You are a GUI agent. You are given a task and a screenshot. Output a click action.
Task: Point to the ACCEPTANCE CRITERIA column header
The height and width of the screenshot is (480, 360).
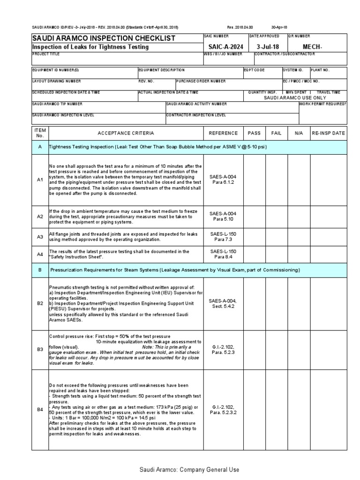[x=126, y=133]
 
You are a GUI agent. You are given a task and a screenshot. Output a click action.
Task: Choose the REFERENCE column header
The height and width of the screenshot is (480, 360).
[x=223, y=133]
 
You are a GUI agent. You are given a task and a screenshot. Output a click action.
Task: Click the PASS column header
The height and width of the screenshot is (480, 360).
[x=254, y=133]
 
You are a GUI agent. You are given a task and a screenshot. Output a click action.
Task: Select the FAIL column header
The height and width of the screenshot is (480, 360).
[x=277, y=133]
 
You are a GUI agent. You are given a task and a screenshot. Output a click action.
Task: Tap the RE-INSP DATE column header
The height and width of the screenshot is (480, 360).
[x=328, y=133]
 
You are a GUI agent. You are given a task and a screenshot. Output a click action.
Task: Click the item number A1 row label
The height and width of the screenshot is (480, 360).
[x=40, y=180]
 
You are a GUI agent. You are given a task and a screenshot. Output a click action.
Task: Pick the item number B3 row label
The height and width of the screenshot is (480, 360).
[x=40, y=349]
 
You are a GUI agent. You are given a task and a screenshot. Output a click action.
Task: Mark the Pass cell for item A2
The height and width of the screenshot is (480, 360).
[x=254, y=216]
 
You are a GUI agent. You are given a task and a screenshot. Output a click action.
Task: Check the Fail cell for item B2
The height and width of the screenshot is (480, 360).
[x=277, y=303]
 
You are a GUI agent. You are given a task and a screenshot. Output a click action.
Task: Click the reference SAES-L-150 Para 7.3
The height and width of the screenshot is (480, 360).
[x=223, y=236]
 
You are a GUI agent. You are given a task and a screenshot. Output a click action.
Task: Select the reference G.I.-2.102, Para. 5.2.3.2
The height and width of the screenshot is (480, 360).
[x=223, y=410]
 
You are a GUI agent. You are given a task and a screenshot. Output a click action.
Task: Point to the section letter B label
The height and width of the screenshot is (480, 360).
[x=40, y=270]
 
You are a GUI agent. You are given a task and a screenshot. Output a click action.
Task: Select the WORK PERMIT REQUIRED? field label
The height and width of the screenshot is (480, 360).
[x=322, y=104]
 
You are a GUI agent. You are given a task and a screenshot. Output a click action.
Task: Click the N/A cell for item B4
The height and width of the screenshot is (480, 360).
[x=299, y=410]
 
